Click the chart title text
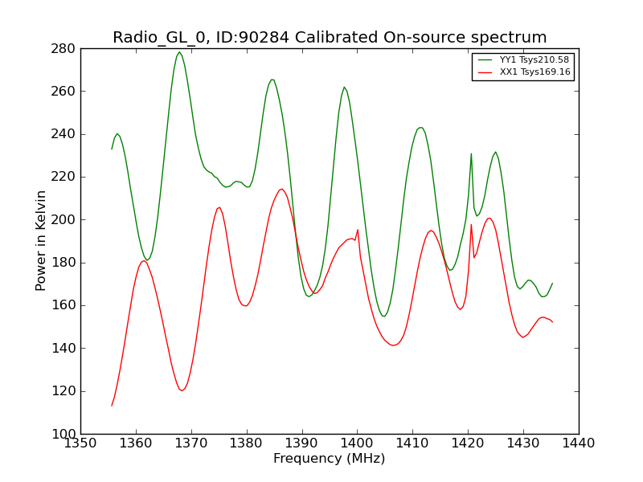[x=330, y=37]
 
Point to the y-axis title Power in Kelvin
[x=41, y=241]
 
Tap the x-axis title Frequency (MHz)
[x=330, y=458]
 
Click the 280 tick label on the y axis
[x=63, y=49]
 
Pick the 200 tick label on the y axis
[x=63, y=220]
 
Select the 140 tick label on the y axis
[x=63, y=349]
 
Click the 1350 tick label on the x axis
[x=81, y=443]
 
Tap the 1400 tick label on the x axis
[x=357, y=443]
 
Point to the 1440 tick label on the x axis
[x=579, y=443]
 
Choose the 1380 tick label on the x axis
[x=247, y=443]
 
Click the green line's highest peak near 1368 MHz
[x=179, y=52]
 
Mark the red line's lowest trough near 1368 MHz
[x=182, y=390]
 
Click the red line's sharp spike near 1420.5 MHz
[x=471, y=224]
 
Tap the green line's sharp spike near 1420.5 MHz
[x=471, y=153]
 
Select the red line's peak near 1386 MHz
[x=282, y=189]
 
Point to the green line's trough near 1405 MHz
[x=384, y=316]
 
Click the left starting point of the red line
[x=112, y=406]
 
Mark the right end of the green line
[x=552, y=284]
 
